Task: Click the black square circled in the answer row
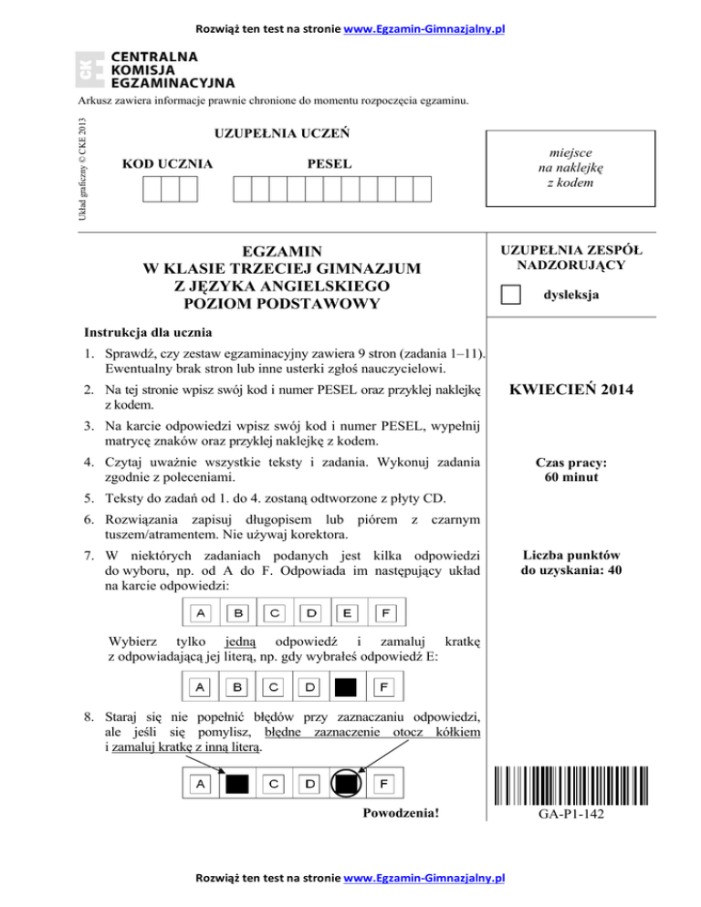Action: (346, 783)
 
